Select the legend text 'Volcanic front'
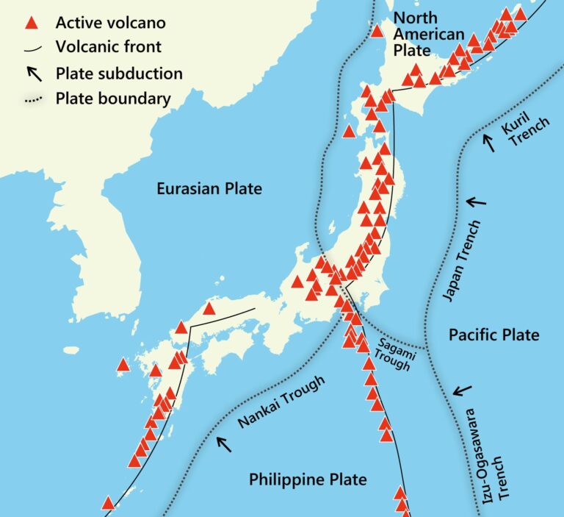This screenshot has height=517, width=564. (x=109, y=48)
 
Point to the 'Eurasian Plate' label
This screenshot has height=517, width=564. (x=209, y=189)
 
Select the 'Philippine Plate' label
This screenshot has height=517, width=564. (x=308, y=480)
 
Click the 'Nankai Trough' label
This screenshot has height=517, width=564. (x=281, y=402)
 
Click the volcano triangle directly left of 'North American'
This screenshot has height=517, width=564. (x=377, y=32)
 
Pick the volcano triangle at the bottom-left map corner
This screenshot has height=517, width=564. (x=108, y=503)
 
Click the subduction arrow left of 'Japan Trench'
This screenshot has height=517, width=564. (x=476, y=200)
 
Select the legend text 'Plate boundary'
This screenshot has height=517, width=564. (x=113, y=99)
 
